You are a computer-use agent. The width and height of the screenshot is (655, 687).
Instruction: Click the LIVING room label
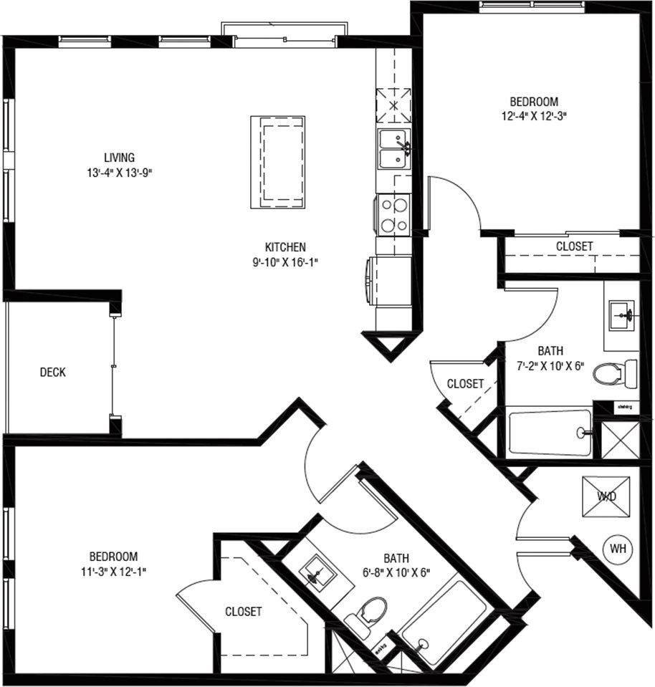[x=119, y=158]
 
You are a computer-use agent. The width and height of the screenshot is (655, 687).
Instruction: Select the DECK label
[x=52, y=373]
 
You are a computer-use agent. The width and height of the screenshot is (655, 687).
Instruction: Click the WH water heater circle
[x=618, y=549]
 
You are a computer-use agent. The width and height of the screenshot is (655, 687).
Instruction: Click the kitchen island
[x=277, y=162]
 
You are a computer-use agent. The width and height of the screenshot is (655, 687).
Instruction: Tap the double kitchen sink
[x=393, y=149]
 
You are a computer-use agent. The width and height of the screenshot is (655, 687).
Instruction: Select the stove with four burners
[x=393, y=214]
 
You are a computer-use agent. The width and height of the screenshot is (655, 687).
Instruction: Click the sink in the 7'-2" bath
[x=621, y=313]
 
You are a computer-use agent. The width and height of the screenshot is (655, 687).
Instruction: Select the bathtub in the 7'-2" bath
[x=550, y=431]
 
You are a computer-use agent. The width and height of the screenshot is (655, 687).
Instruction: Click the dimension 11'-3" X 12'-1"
[x=113, y=570]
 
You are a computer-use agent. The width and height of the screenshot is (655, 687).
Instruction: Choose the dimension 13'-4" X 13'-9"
[x=119, y=172]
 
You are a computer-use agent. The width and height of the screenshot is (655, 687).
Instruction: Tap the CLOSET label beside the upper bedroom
[x=574, y=246]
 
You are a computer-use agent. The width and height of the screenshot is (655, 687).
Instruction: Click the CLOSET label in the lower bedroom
[x=243, y=612]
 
